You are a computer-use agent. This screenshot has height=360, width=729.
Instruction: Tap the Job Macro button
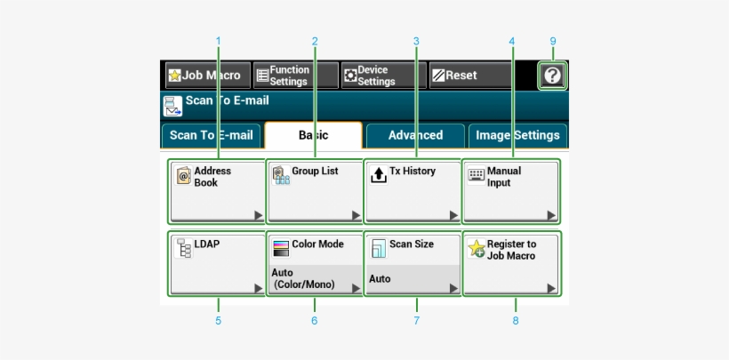pos(205,76)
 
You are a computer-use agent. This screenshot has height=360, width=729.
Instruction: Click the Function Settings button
pos(295,76)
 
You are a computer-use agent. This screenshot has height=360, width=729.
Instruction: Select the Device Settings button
pos(382,76)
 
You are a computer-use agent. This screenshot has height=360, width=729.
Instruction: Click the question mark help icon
pos(552,76)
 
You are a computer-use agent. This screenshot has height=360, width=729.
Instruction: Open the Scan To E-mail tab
pos(211,135)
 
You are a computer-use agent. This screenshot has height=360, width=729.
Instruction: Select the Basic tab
pos(313,135)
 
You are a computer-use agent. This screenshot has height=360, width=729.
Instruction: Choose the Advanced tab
pos(415,135)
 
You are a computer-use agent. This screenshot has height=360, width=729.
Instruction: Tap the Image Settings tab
pos(517,135)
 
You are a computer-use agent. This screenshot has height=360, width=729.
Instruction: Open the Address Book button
pos(217,191)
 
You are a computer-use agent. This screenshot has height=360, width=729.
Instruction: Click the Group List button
pos(315,191)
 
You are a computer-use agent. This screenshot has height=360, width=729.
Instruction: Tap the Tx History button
pos(413,191)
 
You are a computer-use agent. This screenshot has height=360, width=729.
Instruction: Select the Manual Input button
pos(512,191)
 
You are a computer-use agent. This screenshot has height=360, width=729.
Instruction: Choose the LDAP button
pos(217,264)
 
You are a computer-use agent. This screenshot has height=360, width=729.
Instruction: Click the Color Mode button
pos(315,264)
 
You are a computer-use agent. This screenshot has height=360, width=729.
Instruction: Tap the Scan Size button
pos(413,264)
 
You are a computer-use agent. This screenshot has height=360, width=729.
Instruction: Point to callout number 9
pos(552,41)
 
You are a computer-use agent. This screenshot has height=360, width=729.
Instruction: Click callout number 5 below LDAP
pos(218,320)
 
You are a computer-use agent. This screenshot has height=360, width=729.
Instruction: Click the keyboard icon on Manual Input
pos(477,175)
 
